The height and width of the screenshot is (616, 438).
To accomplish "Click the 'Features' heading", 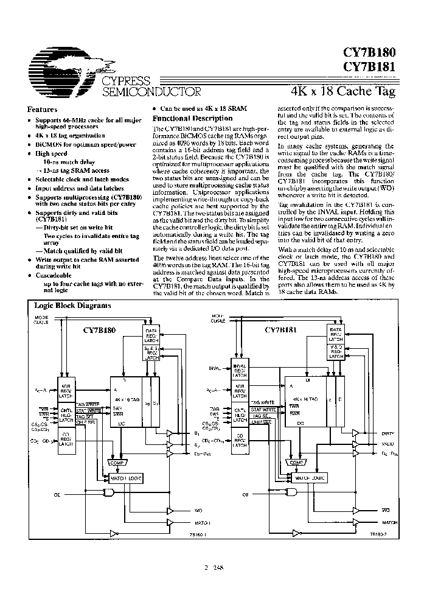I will [x=43, y=110].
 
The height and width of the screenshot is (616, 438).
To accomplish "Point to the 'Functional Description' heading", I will [x=192, y=118].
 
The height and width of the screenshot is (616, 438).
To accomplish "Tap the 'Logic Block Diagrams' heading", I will [x=68, y=306].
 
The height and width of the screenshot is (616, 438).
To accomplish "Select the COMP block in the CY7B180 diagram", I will [x=117, y=463].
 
